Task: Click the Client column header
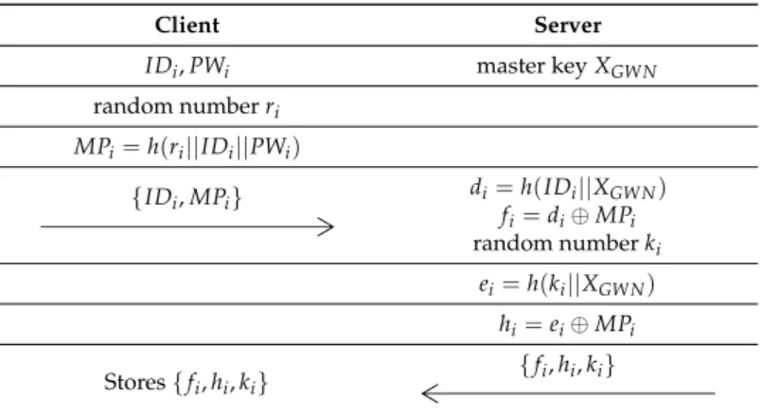point(186,26)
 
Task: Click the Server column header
point(567,26)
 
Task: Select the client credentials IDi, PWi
point(186,66)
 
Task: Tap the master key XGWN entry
point(566,67)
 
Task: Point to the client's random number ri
point(186,107)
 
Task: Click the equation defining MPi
point(186,147)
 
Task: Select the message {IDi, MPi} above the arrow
point(186,198)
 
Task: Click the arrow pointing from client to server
point(187,227)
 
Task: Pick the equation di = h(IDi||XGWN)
point(567,188)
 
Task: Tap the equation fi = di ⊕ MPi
point(567,216)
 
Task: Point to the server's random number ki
point(567,244)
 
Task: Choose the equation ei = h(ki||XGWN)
point(566,284)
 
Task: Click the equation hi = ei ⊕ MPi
point(567,325)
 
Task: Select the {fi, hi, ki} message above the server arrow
point(567,366)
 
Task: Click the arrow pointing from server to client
point(568,393)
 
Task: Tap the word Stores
point(134,382)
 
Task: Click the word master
point(510,66)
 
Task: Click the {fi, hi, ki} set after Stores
point(221,383)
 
